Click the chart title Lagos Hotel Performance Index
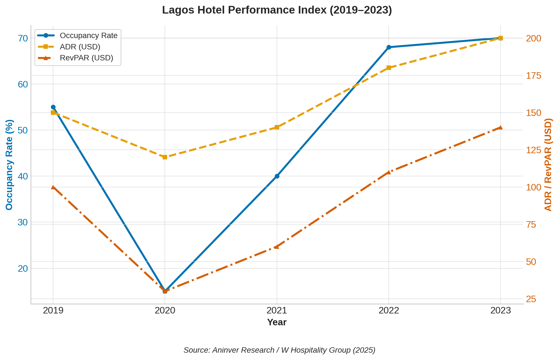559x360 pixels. (x=277, y=10)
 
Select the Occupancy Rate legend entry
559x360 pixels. (x=89, y=36)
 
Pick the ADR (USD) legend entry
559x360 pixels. (x=80, y=47)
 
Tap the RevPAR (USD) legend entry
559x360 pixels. (x=86, y=58)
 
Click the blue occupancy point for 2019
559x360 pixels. (x=53, y=107)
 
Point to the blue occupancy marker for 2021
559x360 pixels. (x=277, y=176)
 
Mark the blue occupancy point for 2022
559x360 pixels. (x=389, y=47)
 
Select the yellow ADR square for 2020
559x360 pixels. (x=165, y=157)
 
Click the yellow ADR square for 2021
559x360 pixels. (x=277, y=127)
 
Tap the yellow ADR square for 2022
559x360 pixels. (x=389, y=68)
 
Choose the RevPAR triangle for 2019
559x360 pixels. (x=53, y=187)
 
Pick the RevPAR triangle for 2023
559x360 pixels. (x=501, y=128)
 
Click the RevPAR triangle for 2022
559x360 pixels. (x=389, y=172)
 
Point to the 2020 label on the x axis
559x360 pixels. (x=165, y=311)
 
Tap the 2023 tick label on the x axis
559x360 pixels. (x=501, y=311)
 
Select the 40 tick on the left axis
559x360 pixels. (x=23, y=176)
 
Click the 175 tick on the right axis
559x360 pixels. (x=534, y=76)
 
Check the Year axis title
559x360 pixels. (x=277, y=322)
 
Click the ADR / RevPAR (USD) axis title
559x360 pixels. (x=548, y=165)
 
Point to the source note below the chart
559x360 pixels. (x=279, y=350)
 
